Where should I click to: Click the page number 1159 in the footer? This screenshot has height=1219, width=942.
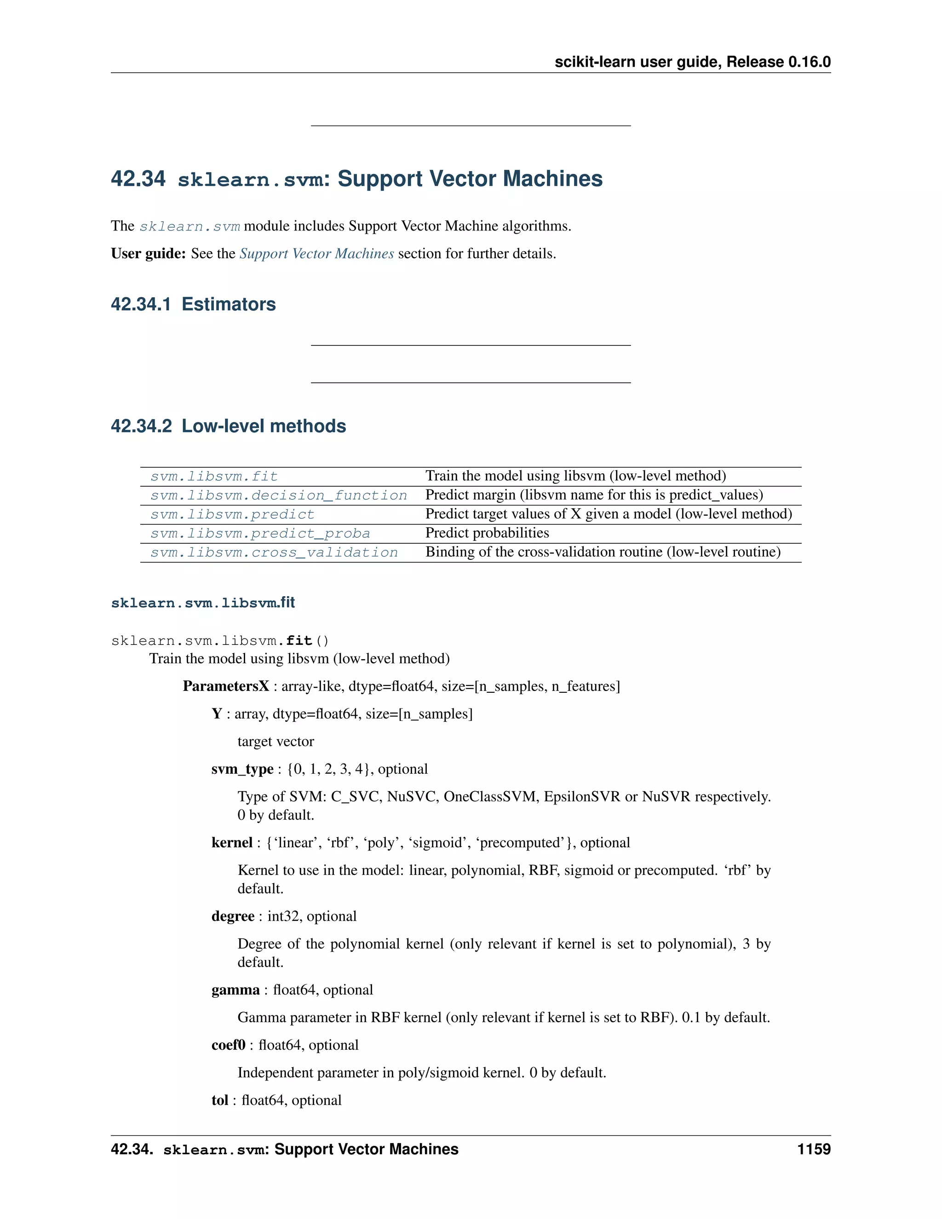(x=814, y=1149)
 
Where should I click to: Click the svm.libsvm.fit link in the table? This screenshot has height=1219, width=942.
(x=214, y=477)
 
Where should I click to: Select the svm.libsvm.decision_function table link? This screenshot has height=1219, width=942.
(x=278, y=495)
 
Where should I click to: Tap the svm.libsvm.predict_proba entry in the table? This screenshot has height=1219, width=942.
(x=260, y=534)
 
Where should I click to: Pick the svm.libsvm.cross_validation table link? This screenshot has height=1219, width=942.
(x=274, y=552)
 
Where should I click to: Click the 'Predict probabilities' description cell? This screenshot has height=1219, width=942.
(x=487, y=533)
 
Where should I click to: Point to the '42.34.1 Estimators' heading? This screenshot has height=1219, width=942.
(x=193, y=304)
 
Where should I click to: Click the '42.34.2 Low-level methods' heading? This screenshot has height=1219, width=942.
(x=228, y=426)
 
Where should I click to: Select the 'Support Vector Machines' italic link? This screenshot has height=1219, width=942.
(x=316, y=254)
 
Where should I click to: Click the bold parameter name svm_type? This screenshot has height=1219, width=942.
(x=242, y=769)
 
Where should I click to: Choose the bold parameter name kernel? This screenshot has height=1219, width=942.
(x=232, y=843)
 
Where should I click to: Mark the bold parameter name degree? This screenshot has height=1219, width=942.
(x=233, y=916)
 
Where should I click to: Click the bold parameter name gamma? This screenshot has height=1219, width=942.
(x=235, y=990)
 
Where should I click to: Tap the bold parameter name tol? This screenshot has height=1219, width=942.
(x=220, y=1100)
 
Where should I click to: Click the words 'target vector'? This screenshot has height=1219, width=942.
(x=276, y=742)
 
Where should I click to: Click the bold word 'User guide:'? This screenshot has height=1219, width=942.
(x=148, y=254)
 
